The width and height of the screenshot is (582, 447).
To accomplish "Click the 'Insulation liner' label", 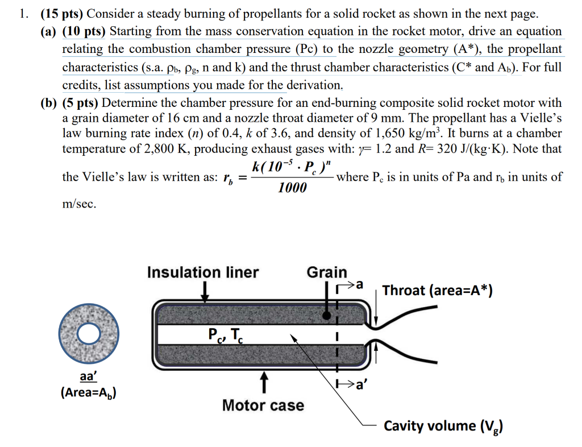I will tap(202, 272).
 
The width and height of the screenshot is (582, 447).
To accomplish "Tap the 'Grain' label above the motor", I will tap(327, 272).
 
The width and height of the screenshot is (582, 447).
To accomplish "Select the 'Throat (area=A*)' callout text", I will tap(437, 291).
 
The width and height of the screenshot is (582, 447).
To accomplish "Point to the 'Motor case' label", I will tap(263, 405).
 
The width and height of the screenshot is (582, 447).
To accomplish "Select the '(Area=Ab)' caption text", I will tap(89, 392).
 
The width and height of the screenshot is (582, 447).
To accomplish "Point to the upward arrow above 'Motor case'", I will tap(263, 383).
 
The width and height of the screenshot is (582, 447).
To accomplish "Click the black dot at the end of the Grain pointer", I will tap(327, 314).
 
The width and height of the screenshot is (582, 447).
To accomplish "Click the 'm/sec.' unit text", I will tap(80, 204).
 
